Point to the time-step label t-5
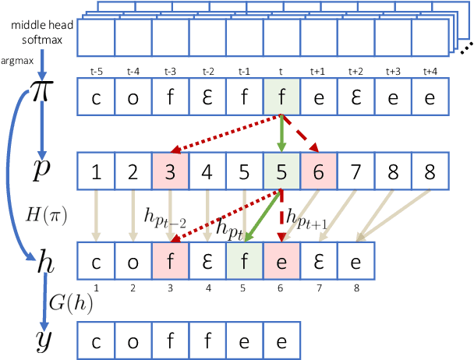(96, 71)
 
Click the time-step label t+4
(429, 71)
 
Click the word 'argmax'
(17, 58)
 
